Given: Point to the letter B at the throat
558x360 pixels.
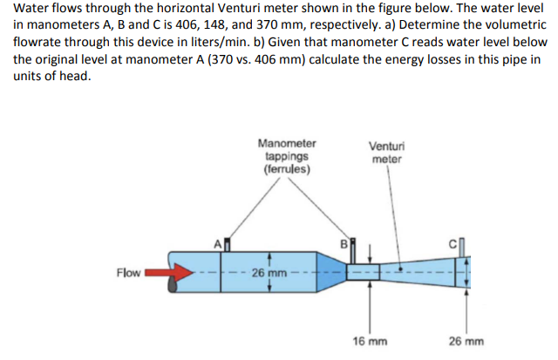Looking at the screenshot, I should coord(344,243).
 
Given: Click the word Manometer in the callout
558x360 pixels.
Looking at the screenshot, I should coord(287,143).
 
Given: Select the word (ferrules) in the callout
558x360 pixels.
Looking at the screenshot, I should coord(287,168).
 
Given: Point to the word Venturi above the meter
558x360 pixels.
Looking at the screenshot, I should coord(386,146).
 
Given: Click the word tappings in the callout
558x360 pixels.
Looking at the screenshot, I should coord(287,156).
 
